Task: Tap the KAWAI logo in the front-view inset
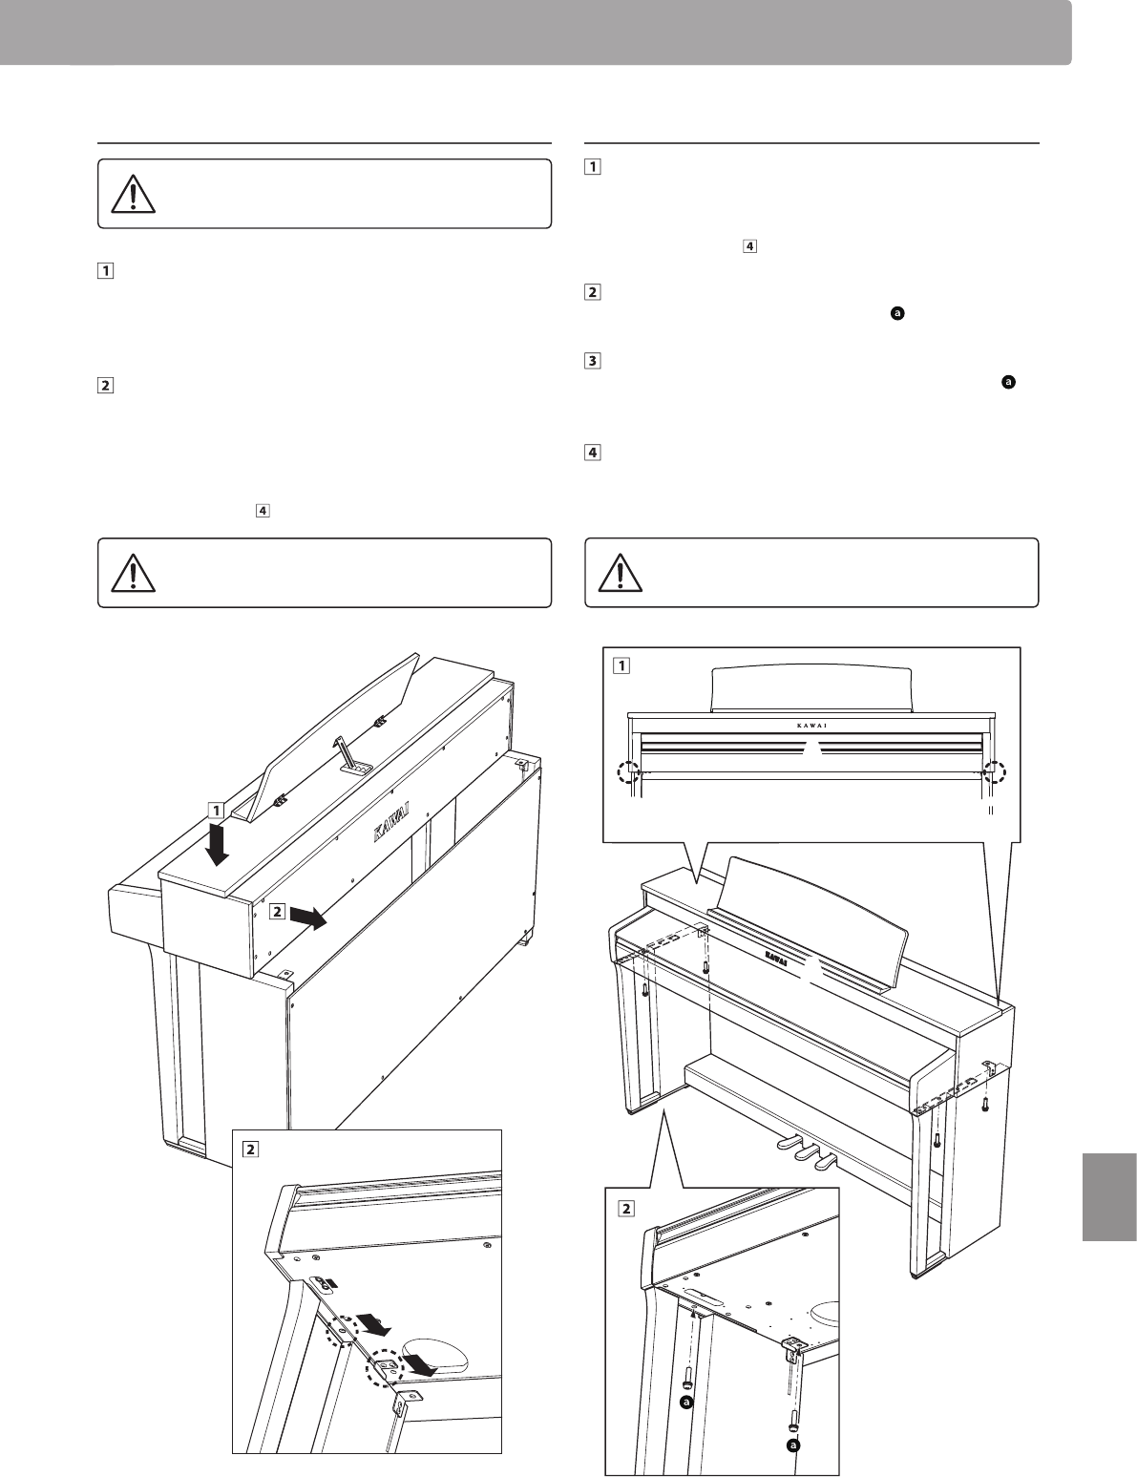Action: pyautogui.click(x=811, y=724)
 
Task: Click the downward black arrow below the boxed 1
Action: pyautogui.click(x=219, y=844)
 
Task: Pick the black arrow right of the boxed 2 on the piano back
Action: pyautogui.click(x=307, y=918)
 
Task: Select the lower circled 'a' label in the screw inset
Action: pyautogui.click(x=792, y=1446)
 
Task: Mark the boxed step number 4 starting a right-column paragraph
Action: pyautogui.click(x=593, y=454)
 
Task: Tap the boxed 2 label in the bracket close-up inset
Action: pyautogui.click(x=252, y=1148)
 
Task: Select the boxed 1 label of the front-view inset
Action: pyautogui.click(x=622, y=665)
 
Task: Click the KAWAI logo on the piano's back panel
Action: pyautogui.click(x=390, y=832)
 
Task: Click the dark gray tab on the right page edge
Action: pyautogui.click(x=1110, y=1194)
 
